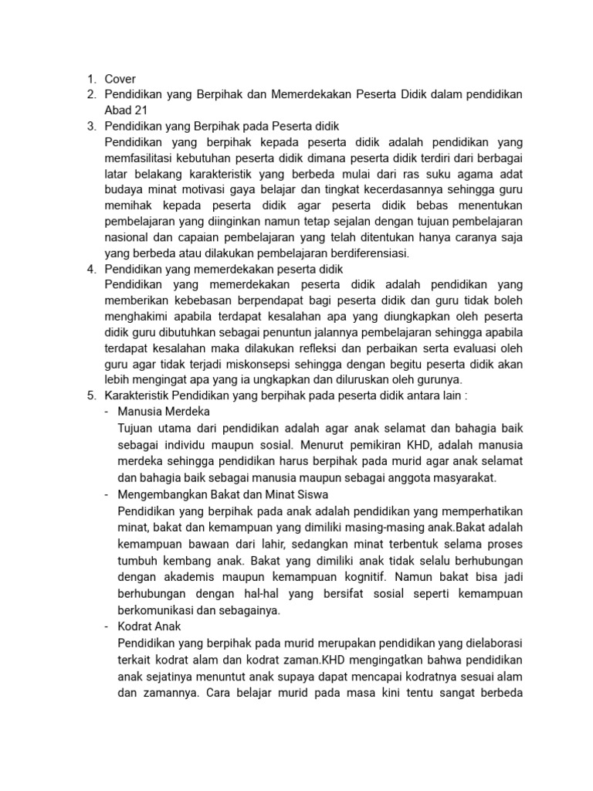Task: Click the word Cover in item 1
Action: tap(120, 78)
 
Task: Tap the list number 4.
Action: tap(90, 269)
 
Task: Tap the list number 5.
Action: tap(90, 396)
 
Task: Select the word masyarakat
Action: tap(461, 477)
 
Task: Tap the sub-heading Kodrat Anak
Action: tap(149, 626)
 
